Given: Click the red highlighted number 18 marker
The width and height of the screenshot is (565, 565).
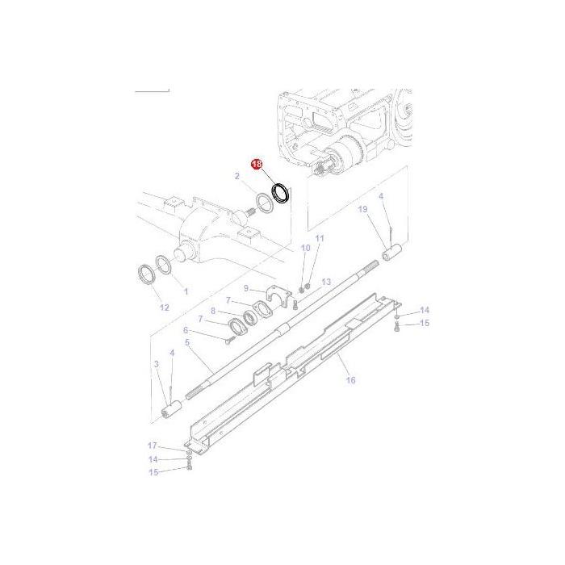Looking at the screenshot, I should [x=257, y=164].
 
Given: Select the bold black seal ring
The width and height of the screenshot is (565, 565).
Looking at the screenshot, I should [x=281, y=194].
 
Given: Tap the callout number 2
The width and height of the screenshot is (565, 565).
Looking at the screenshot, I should [x=237, y=176].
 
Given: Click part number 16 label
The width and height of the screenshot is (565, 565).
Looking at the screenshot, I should [x=349, y=379].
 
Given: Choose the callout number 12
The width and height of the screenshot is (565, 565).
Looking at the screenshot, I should [x=164, y=308].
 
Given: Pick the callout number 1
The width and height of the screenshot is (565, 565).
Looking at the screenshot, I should [x=186, y=291].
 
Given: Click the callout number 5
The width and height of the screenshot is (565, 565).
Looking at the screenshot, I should [x=187, y=343].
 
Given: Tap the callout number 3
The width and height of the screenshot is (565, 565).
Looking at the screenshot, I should [x=156, y=365].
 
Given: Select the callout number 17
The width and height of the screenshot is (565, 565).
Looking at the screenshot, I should [x=153, y=446].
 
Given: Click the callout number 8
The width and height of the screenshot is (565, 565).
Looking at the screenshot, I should [x=213, y=311].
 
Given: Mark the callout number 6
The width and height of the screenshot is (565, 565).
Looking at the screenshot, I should [x=186, y=330].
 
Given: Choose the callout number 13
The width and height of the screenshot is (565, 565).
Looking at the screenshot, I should [x=326, y=282].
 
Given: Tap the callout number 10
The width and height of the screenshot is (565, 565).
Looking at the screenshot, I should [x=305, y=249].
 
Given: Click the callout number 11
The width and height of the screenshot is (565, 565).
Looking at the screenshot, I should [x=319, y=239].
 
